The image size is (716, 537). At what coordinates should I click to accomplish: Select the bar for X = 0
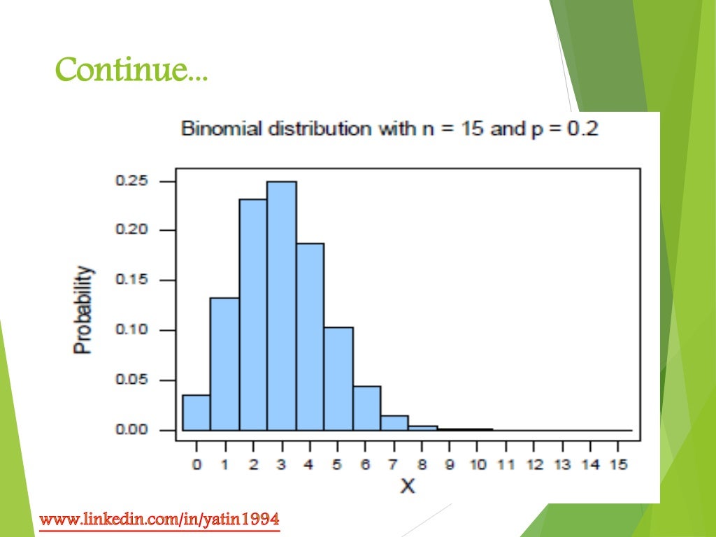196,413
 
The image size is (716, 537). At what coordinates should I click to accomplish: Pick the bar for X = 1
224,364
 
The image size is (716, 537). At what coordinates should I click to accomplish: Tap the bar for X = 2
252,315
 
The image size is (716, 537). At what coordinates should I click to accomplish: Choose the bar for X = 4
310,336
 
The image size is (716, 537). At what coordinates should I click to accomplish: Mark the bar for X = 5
338,378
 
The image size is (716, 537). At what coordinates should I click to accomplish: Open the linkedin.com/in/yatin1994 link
159,520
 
